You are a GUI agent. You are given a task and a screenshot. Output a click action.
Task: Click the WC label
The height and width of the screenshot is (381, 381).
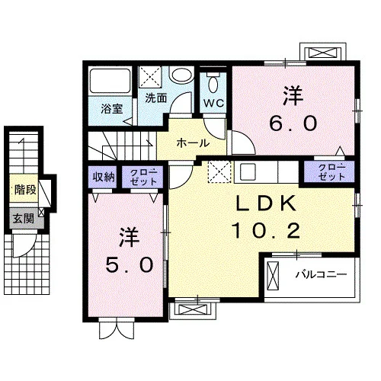click(214, 103)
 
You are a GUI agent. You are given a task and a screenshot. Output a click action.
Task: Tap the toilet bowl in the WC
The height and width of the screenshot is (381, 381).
click(213, 83)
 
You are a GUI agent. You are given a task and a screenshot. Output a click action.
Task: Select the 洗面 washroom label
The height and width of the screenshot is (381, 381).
click(155, 98)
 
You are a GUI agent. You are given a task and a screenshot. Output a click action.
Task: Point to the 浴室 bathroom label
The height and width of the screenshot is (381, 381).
click(112, 108)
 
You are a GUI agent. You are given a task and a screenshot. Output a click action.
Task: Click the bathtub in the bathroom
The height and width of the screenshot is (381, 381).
click(110, 80)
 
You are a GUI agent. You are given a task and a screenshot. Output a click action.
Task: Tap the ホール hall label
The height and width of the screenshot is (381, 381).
click(193, 143)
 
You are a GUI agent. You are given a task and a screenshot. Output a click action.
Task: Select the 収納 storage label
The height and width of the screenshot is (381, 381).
click(103, 177)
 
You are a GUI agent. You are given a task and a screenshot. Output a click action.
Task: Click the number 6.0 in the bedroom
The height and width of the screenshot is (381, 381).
click(293, 123)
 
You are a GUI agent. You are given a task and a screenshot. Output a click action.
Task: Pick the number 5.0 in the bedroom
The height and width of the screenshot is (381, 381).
click(130, 264)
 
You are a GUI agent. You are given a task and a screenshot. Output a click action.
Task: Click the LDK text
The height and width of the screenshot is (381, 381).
click(267, 203)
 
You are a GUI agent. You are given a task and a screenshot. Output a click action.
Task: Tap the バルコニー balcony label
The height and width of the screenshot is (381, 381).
click(321, 274)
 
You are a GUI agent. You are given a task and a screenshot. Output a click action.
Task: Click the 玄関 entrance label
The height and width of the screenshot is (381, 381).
click(24, 219)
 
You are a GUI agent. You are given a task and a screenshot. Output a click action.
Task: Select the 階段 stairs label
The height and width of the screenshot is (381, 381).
click(25, 190)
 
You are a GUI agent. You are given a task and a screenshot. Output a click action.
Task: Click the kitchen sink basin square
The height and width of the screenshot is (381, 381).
click(248, 171)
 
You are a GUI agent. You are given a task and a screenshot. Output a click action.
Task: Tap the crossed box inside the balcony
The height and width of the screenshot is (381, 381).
click(274, 277)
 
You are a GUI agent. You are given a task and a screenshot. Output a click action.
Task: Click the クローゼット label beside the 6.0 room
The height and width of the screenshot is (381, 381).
click(331, 171)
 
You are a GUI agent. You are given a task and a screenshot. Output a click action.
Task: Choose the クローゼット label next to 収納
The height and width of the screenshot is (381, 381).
click(143, 177)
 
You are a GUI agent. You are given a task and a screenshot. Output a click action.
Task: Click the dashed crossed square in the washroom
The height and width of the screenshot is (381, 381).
click(150, 77)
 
